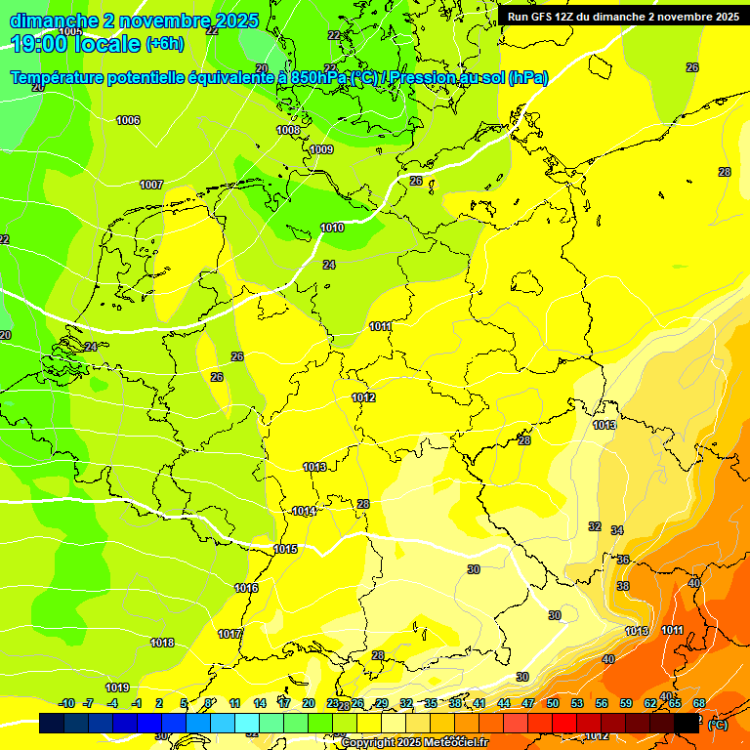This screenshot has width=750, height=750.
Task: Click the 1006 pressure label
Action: [128, 121]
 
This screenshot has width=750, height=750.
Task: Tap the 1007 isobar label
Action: [151, 185]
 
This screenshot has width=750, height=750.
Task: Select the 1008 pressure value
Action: [288, 130]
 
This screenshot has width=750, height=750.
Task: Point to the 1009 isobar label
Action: [321, 149]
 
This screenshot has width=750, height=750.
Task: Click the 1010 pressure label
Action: [332, 228]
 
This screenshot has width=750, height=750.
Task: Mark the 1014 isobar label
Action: [304, 511]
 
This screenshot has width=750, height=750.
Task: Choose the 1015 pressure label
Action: [285, 550]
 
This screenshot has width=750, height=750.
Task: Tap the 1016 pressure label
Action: [246, 588]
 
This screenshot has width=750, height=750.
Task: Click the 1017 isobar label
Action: [229, 634]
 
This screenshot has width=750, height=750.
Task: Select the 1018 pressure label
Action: [162, 643]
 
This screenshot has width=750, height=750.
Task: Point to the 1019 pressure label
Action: [117, 687]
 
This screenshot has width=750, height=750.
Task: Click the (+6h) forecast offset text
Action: [163, 44]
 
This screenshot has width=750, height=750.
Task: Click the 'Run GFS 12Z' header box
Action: [623, 17]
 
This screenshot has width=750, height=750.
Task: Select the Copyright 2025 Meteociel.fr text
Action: [414, 742]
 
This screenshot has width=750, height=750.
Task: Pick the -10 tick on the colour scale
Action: [66, 703]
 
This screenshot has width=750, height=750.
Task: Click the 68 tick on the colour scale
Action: [699, 703]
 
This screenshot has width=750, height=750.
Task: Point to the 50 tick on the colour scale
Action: [553, 703]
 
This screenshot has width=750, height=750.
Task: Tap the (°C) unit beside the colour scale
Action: [717, 725]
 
